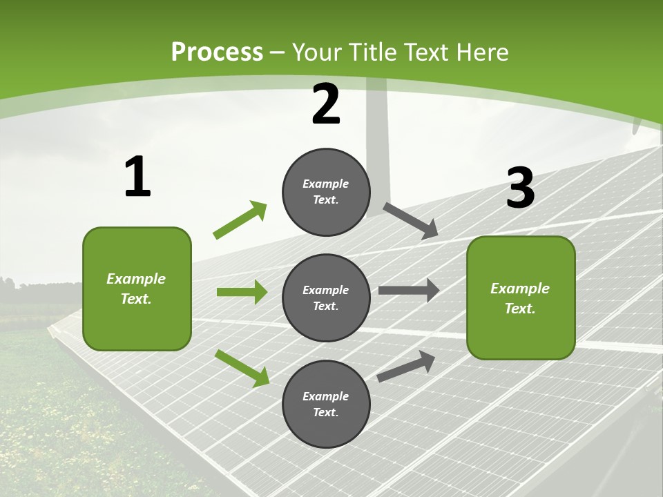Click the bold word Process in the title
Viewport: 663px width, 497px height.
[217, 52]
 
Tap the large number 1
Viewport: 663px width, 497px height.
[137, 177]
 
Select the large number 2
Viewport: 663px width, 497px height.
[326, 104]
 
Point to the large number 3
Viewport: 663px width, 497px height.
[520, 188]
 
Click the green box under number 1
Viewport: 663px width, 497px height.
[137, 289]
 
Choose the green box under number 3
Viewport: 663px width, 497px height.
[521, 298]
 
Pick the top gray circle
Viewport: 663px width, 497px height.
[326, 192]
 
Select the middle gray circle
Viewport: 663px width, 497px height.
[326, 298]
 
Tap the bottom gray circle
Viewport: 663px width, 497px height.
[326, 404]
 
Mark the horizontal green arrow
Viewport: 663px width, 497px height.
[242, 292]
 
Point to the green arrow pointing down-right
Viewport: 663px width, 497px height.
[242, 368]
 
